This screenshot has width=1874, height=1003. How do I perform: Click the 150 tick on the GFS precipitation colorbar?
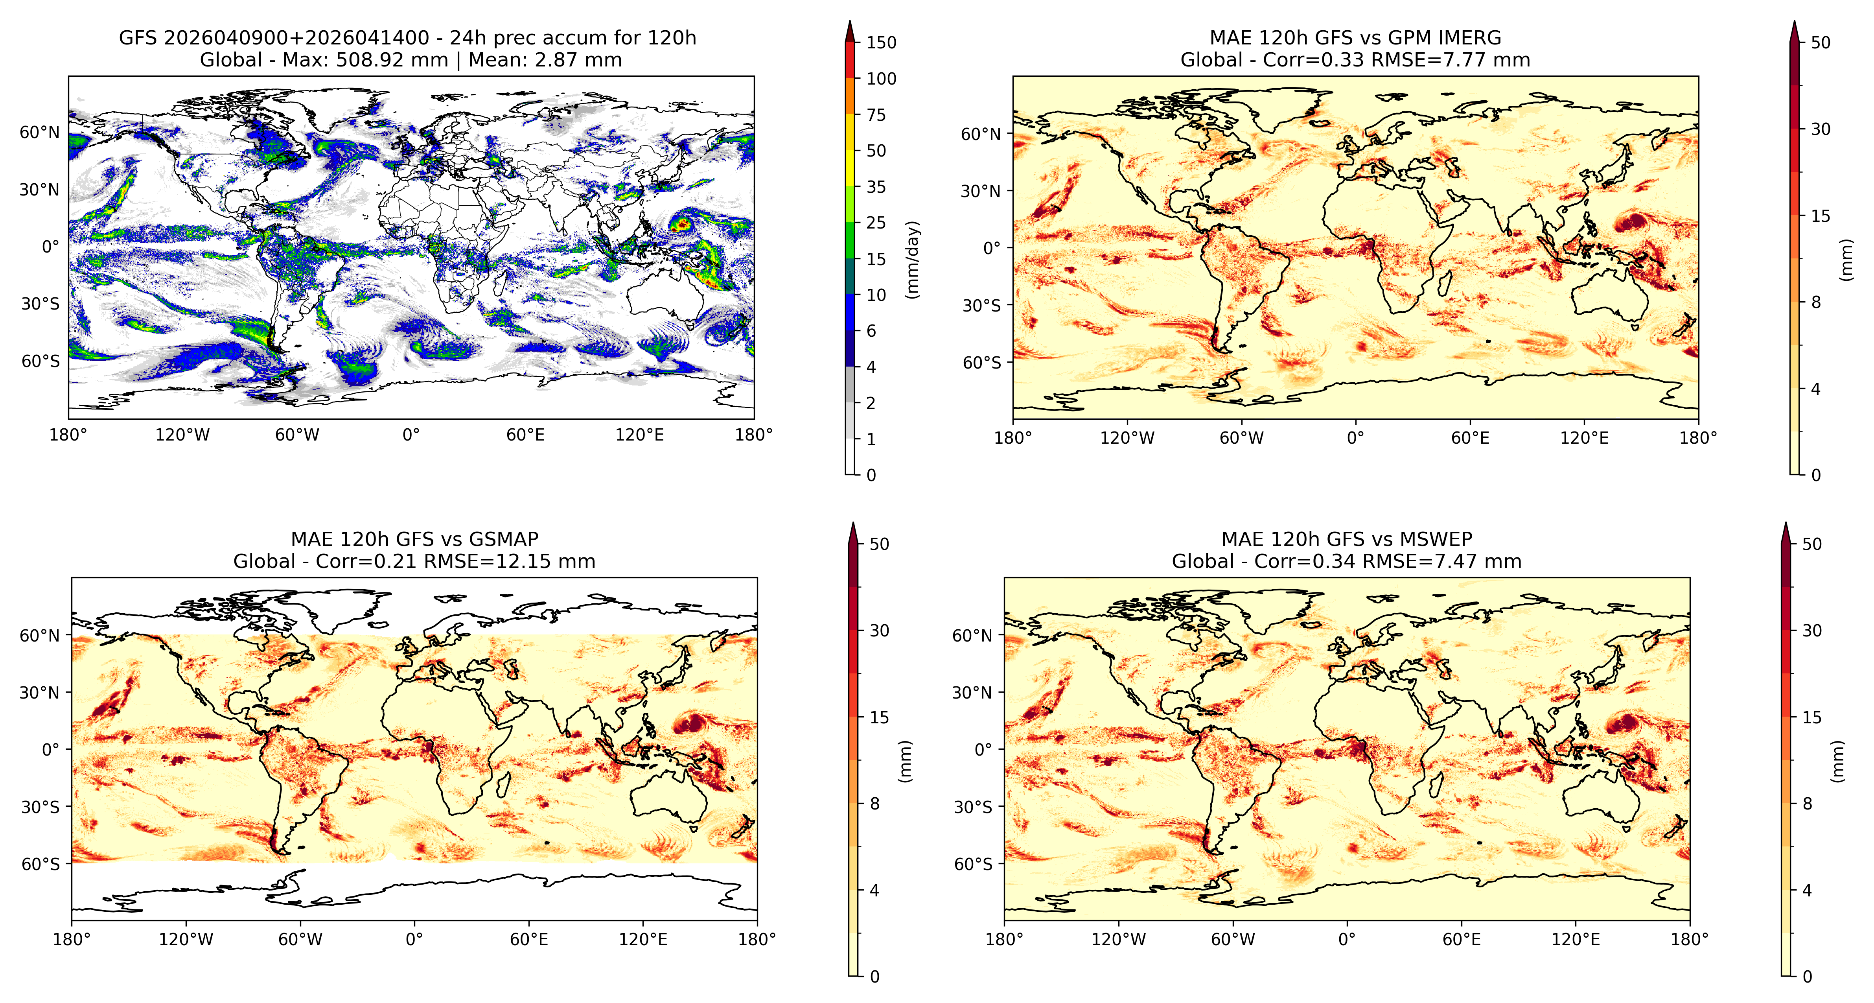click(x=881, y=42)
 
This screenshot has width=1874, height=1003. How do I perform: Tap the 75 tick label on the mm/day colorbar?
click(x=876, y=114)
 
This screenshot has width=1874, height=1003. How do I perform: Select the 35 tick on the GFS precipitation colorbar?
click(x=876, y=187)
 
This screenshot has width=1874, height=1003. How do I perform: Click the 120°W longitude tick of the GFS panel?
click(x=182, y=435)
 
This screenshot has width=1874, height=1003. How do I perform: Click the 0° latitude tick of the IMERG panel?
click(x=993, y=248)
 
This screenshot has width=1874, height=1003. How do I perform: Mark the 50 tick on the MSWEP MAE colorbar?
click(x=1811, y=544)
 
